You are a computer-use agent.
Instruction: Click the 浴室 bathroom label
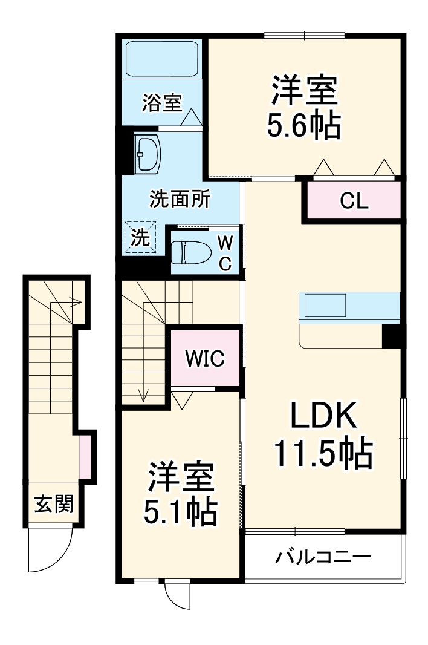162,103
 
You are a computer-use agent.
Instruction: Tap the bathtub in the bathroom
162,59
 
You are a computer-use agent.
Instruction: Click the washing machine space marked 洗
140,237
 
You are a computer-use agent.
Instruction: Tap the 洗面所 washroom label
180,198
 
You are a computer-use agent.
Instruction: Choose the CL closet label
354,201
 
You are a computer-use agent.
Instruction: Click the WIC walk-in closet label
205,358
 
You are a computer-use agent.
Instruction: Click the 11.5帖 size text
322,453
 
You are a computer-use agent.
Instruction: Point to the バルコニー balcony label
323,557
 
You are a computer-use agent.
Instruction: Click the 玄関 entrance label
53,503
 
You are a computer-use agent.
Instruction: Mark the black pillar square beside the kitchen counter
392,336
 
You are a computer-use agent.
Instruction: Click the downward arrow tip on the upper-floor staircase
144,398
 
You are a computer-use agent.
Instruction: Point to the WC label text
224,253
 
